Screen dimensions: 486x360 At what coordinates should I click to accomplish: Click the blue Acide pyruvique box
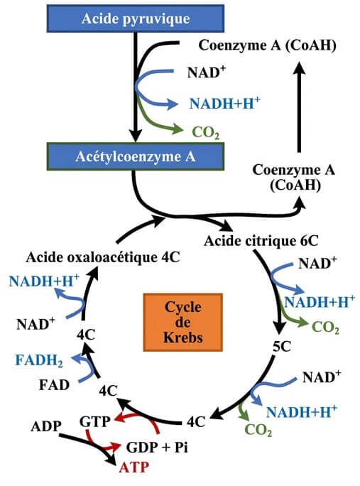[x=134, y=19]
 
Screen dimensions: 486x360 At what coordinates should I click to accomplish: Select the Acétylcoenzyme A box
[x=135, y=154]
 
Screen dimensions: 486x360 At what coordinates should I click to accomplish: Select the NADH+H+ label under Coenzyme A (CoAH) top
[x=224, y=102]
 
